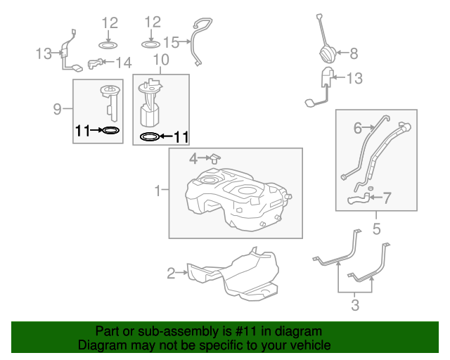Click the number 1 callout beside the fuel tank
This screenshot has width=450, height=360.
(x=159, y=189)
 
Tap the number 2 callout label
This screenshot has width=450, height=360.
(x=171, y=273)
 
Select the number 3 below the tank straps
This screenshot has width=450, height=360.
(x=355, y=304)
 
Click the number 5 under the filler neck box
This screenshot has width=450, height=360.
(x=376, y=229)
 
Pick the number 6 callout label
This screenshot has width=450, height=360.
(x=358, y=127)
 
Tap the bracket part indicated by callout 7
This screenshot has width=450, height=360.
(x=359, y=200)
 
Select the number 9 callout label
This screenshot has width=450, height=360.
(x=58, y=108)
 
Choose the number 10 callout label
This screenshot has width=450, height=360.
(x=161, y=61)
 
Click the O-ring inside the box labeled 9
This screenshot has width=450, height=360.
(x=110, y=130)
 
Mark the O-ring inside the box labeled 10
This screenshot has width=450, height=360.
(x=149, y=136)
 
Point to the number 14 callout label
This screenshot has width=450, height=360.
(x=123, y=63)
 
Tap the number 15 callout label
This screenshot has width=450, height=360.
(x=172, y=41)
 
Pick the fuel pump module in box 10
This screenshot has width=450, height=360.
(x=150, y=104)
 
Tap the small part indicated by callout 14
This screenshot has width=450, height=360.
(x=95, y=64)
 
